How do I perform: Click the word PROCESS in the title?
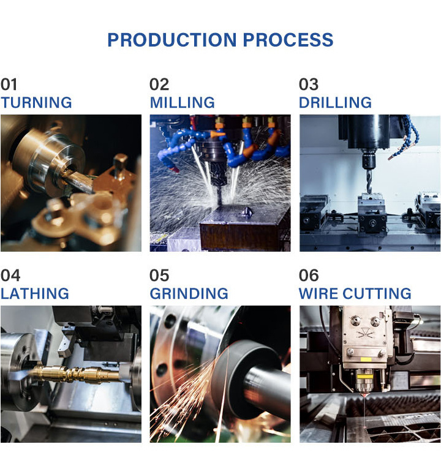288,40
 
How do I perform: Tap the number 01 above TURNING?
9,85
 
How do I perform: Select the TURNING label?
36,102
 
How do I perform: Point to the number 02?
159,85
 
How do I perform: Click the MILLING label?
183,102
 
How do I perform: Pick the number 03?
309,85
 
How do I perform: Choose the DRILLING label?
335,102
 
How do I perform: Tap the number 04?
10,276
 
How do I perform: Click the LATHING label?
34,293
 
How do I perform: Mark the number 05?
159,276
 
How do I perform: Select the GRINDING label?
189,293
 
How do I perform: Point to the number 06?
309,276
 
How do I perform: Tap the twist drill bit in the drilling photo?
369,178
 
